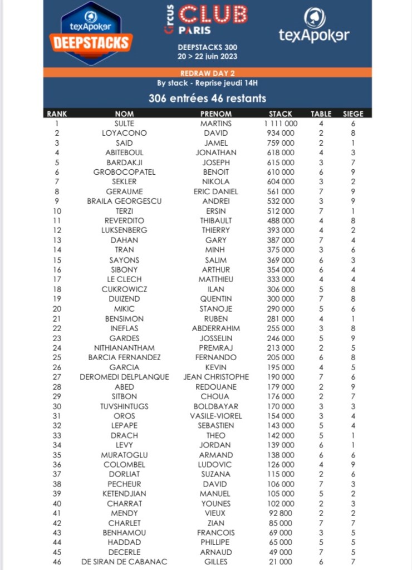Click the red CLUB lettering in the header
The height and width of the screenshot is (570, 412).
coord(214,13)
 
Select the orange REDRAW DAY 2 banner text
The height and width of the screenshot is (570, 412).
coord(207,73)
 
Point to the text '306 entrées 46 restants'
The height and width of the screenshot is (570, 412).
coord(207,99)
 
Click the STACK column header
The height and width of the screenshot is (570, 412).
coord(281,114)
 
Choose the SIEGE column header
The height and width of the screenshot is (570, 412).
coord(352,114)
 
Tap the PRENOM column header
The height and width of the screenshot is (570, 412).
coord(215,114)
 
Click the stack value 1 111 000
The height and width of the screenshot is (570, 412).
coord(281,123)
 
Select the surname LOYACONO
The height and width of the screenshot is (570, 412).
coord(124,133)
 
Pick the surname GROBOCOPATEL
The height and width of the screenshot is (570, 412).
coord(124,172)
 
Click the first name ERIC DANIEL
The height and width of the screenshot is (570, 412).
coord(215,191)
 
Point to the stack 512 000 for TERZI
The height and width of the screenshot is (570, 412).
coord(281,211)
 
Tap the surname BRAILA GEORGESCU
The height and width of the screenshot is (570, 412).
coord(124,201)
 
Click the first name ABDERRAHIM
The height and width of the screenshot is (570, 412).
coord(215,328)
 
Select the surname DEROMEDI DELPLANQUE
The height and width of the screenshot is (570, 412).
coord(124,377)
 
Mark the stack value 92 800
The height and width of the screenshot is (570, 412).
coord(281,513)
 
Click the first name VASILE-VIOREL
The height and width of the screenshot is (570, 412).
coord(215,416)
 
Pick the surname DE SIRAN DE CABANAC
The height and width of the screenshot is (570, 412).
coord(124,562)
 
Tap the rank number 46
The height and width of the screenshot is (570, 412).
coord(57,562)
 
